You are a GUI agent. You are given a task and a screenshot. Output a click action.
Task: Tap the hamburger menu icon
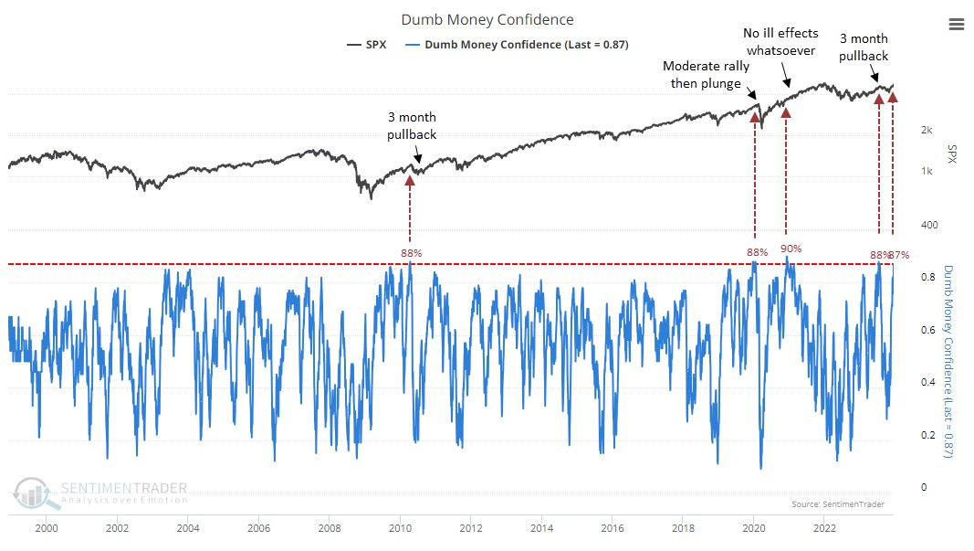956,24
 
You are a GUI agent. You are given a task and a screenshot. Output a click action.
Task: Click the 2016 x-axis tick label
613,527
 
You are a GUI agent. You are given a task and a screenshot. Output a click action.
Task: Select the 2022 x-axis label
824,527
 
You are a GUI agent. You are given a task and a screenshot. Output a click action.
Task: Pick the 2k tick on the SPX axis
926,130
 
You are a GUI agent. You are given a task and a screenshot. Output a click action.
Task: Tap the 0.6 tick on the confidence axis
925,330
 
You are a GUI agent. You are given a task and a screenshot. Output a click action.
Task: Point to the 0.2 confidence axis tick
925,435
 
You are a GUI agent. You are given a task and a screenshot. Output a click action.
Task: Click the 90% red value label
791,249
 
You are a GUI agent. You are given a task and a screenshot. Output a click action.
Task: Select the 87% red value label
899,255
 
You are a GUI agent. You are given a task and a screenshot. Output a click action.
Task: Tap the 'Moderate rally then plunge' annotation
706,74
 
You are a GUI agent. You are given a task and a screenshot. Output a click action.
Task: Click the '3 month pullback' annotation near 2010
413,126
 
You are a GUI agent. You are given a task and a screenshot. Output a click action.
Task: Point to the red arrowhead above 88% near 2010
410,180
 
